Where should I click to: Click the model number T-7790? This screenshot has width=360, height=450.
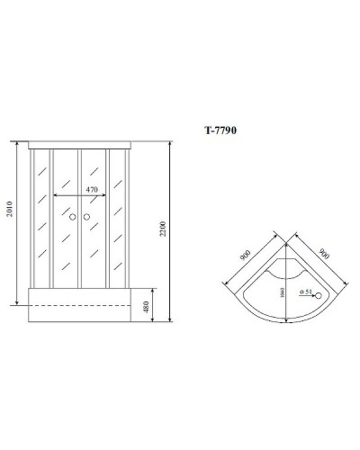click(220, 129)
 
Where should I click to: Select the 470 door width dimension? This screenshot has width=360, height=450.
click(91, 190)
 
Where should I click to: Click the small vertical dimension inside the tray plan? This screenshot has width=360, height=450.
click(283, 292)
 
